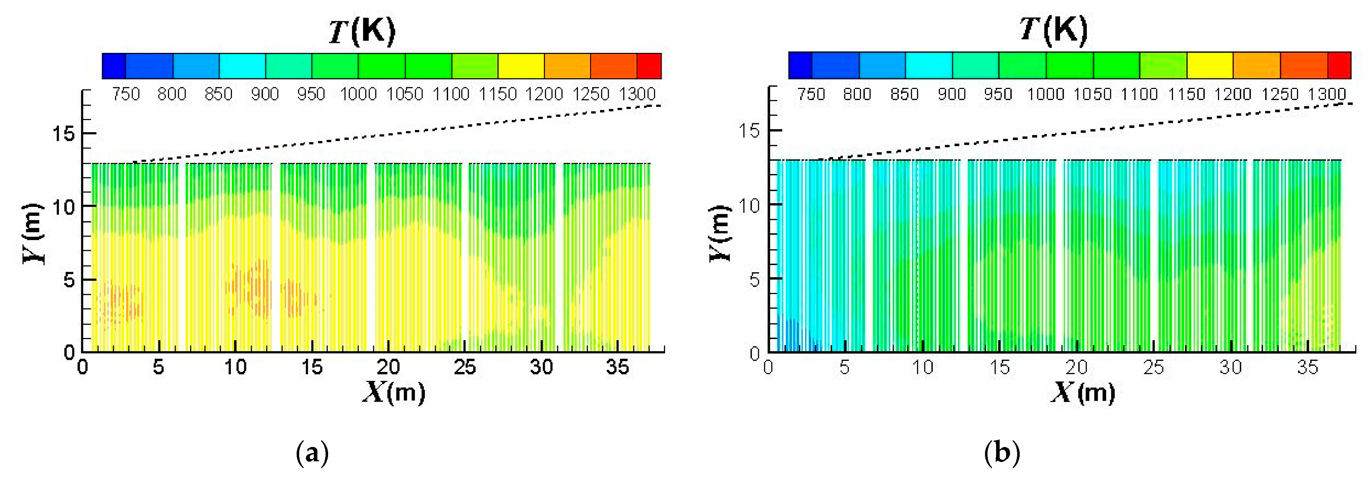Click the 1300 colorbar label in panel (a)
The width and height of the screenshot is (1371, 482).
(637, 95)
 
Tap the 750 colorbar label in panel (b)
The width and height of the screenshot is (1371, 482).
(811, 95)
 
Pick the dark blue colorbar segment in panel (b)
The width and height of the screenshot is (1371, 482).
(800, 65)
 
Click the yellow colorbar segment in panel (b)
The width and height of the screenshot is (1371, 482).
(1210, 65)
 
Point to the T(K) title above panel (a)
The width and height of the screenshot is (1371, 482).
(362, 31)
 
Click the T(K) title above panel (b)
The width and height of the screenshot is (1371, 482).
(1053, 30)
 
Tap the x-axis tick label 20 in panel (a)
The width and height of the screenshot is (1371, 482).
(388, 367)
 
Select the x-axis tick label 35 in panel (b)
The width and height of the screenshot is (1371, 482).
(1307, 367)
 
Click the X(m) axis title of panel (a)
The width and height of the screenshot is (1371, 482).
(394, 393)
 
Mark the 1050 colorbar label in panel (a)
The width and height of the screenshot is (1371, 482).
(405, 95)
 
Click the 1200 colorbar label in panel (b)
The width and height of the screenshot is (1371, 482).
(1233, 95)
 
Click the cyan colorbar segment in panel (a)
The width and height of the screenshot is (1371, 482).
(242, 66)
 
